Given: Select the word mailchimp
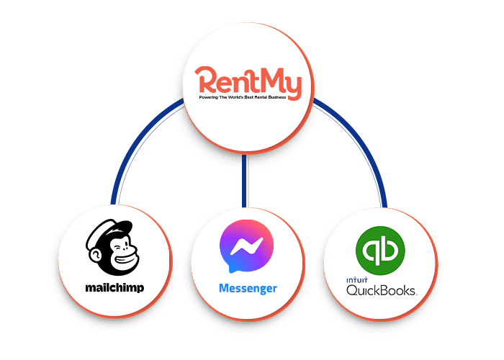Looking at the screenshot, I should point(114,288).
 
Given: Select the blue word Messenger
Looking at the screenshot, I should point(248,289).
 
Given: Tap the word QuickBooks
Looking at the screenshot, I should point(382,290).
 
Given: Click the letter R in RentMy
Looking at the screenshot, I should point(207,81).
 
